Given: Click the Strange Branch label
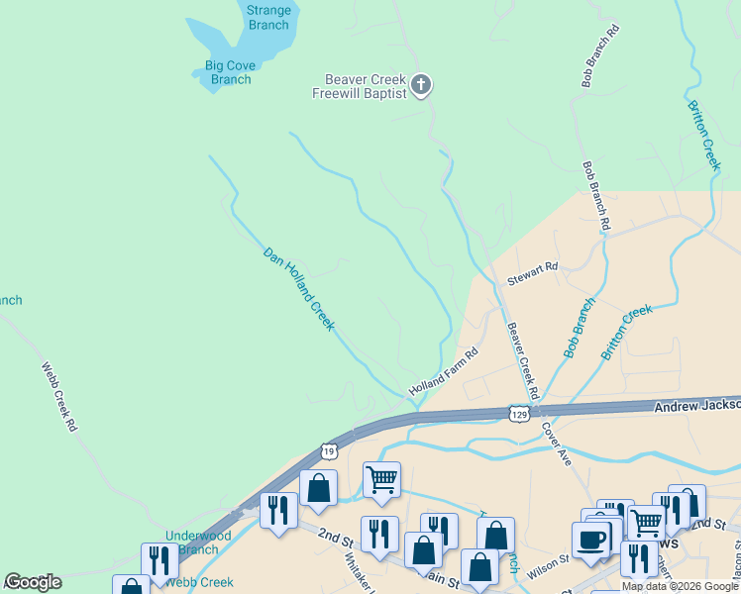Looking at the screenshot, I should point(268,18).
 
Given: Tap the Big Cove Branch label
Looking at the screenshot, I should point(231,72).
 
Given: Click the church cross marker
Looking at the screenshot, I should point(421,85).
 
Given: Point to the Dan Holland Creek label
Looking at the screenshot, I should point(298,288).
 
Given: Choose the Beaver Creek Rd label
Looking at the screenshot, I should point(522,359).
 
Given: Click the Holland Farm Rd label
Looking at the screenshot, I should point(444,369).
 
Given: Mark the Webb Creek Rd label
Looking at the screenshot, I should point(58,397).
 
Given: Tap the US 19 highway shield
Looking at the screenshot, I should point(329,450).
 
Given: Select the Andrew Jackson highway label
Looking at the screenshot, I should point(696,405).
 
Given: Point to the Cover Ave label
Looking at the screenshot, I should point(556,445).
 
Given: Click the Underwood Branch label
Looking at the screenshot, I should point(198,543).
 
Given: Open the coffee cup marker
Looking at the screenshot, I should point(591,540).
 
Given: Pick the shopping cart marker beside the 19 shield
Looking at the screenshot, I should point(381,479).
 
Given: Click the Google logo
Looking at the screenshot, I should point(33,582).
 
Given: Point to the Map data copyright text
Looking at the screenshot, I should point(680,586).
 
